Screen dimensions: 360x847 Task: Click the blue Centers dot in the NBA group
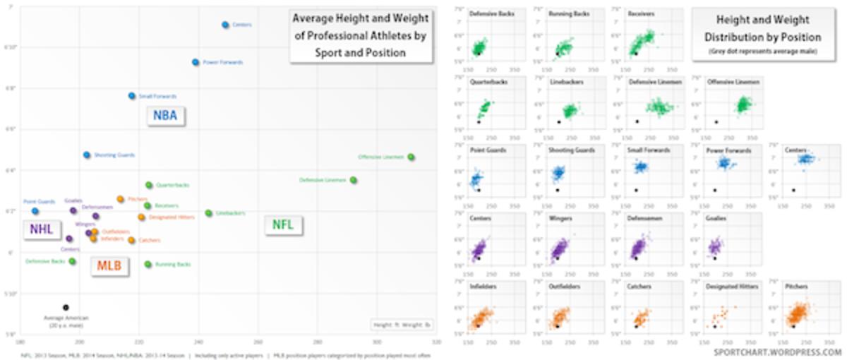[225, 25]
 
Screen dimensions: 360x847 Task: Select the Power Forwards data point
[196, 62]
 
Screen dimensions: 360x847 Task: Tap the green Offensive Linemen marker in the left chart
[411, 157]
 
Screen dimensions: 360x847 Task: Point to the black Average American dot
[66, 308]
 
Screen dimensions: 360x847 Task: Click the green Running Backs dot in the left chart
[148, 265]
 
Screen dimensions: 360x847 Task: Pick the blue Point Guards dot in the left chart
[35, 211]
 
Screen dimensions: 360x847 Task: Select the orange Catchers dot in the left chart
[131, 241]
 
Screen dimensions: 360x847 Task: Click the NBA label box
[166, 116]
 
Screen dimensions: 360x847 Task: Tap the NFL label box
[283, 226]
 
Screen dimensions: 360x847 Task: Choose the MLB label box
[109, 267]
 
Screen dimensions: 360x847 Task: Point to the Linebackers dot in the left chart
[208, 213]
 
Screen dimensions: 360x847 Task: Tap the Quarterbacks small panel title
[486, 82]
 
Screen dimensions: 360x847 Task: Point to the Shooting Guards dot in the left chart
[87, 155]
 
